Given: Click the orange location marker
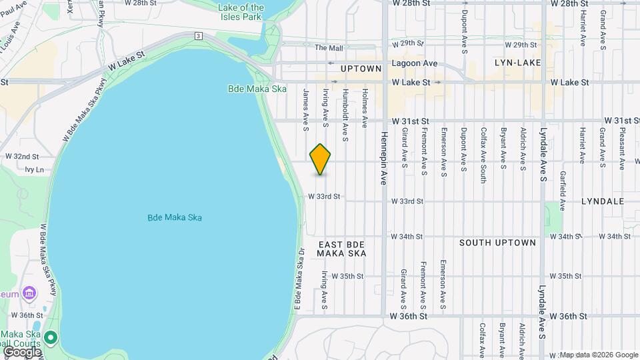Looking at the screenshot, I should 321,159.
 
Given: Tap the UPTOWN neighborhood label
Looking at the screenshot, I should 361,69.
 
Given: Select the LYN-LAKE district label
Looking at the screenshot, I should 517,63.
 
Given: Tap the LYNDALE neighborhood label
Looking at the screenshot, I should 602,201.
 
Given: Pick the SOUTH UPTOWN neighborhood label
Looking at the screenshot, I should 497,243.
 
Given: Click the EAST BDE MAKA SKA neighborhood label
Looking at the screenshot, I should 341,249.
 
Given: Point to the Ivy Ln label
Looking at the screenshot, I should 34,170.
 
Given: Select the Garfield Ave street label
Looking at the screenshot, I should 563,192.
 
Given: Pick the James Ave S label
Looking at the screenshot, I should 306,105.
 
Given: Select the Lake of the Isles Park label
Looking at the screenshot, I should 241,12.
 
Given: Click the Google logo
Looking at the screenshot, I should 22,351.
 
